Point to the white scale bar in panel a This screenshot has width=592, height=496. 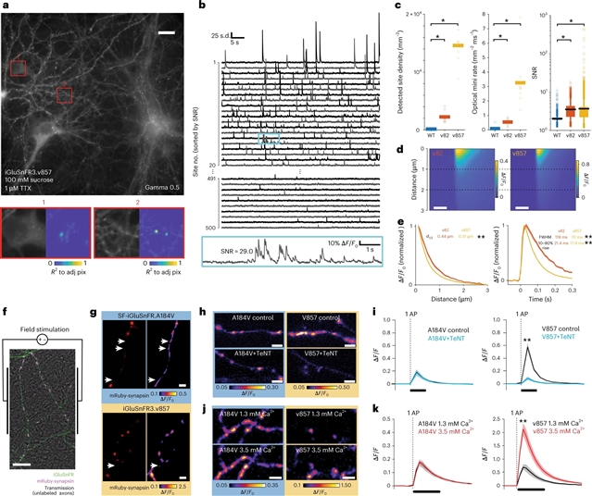(166, 34)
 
